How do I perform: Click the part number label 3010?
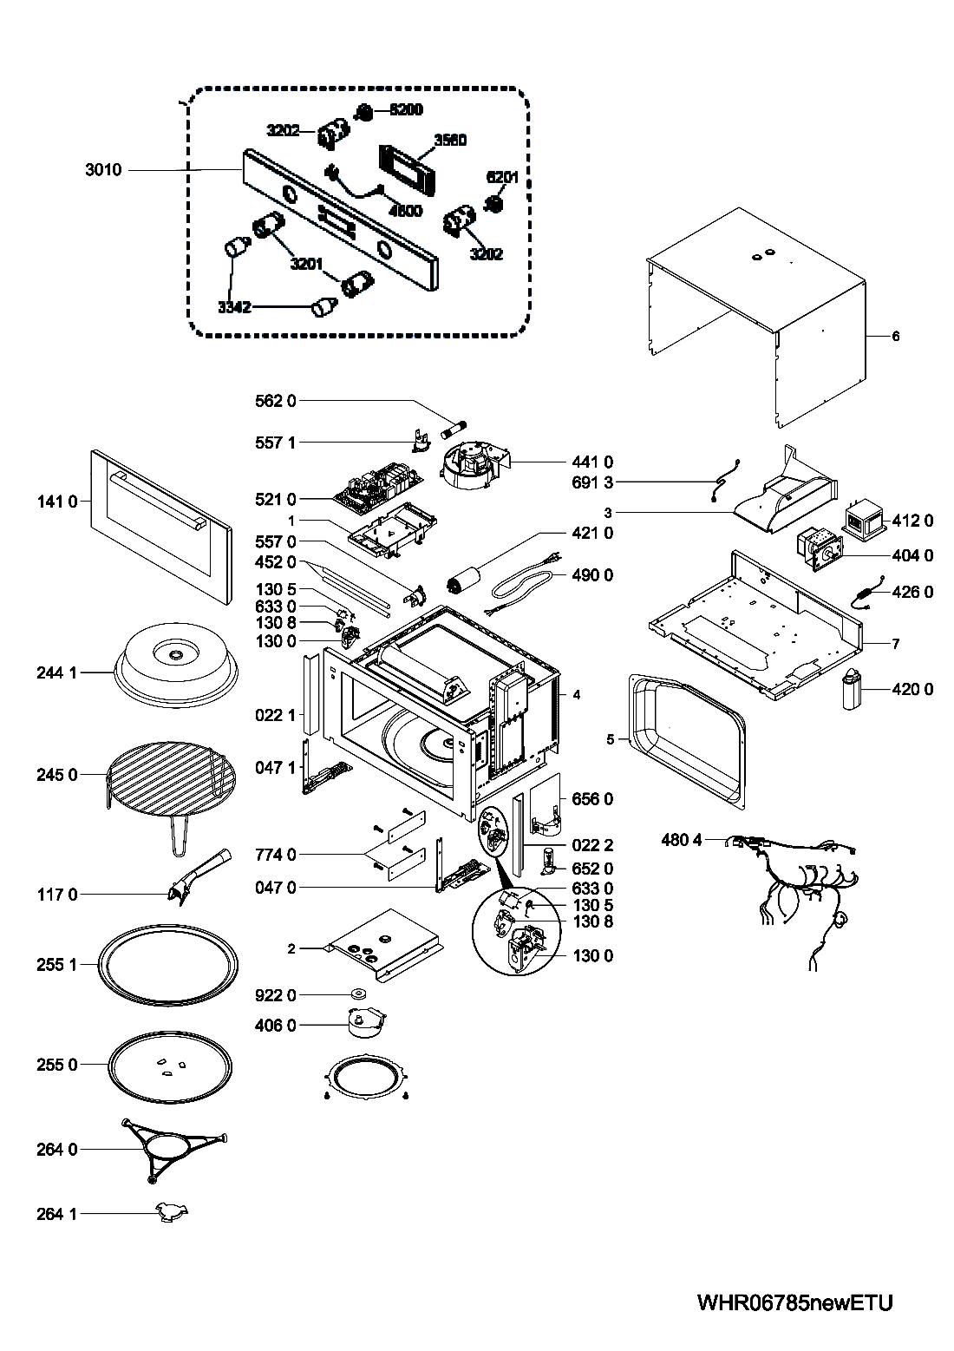coord(103,170)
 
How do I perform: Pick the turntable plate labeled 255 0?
coord(171,1065)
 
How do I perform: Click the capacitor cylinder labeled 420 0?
coord(854,690)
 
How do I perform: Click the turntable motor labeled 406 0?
coord(364,1023)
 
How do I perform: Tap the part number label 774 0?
coord(276,855)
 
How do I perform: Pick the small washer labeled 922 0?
coord(356,994)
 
